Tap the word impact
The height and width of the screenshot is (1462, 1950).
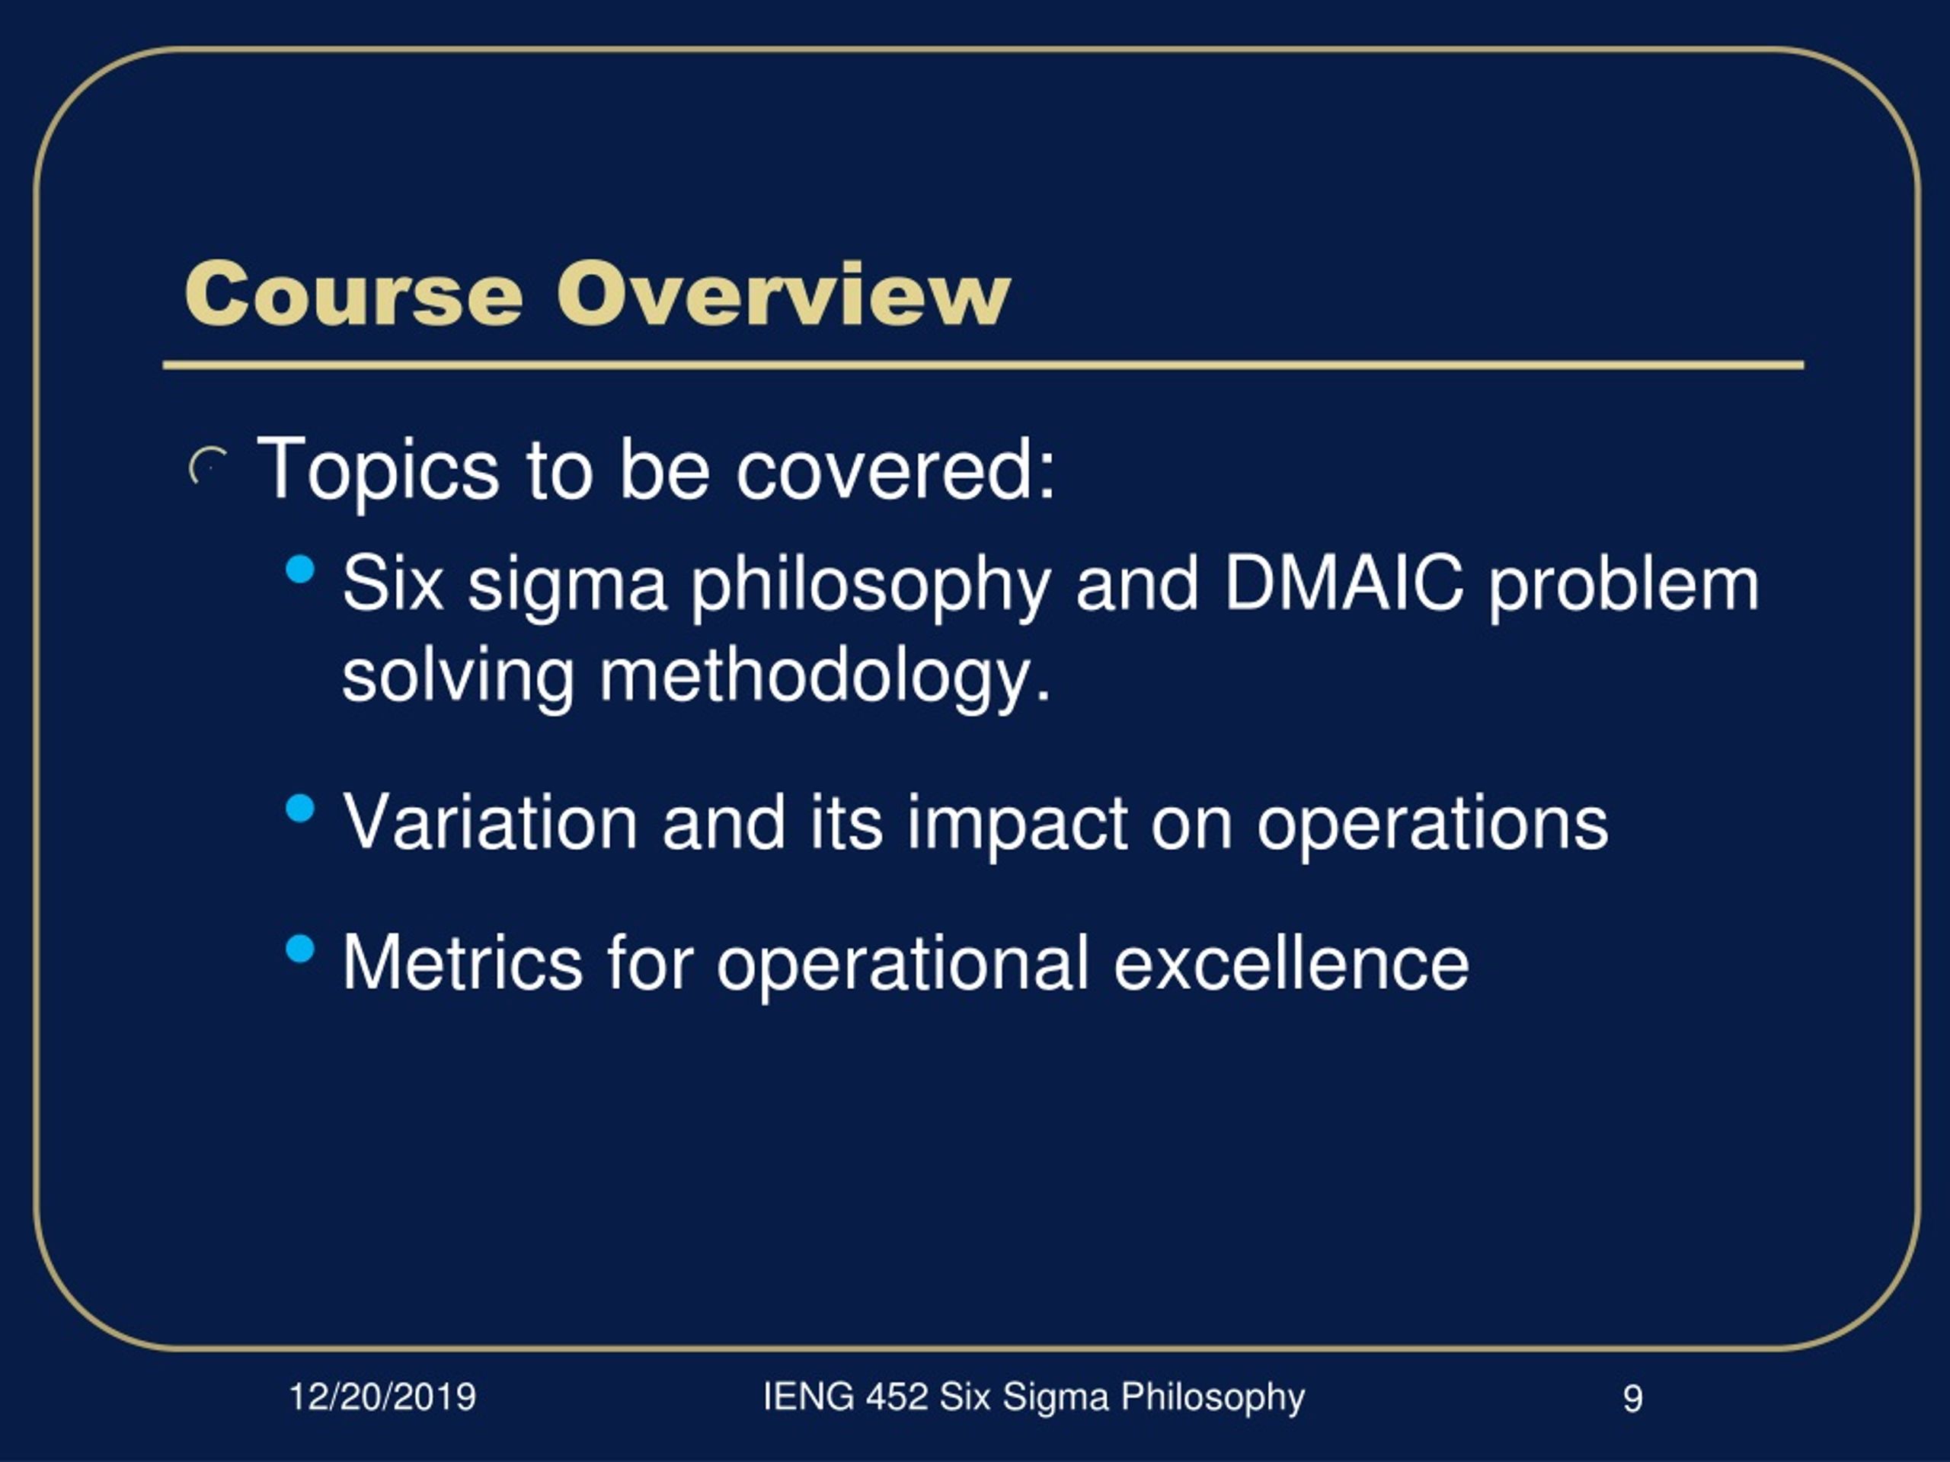(1018, 825)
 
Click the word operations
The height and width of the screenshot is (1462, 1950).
(1433, 825)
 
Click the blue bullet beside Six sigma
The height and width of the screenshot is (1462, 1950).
(301, 570)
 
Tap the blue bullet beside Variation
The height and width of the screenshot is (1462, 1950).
(301, 807)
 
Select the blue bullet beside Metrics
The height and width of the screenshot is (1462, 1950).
(301, 948)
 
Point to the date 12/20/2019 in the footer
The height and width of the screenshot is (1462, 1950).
(382, 1397)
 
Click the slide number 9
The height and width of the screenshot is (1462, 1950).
(1632, 1399)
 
